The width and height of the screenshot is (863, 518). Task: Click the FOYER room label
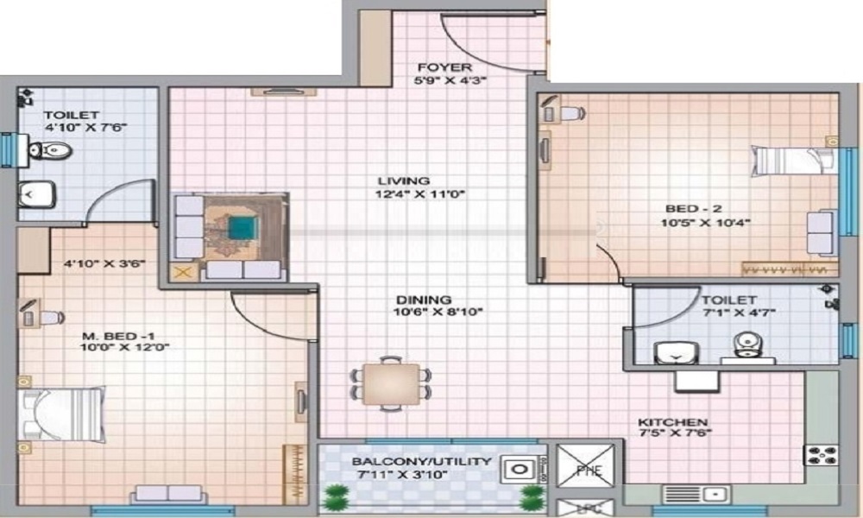(x=444, y=67)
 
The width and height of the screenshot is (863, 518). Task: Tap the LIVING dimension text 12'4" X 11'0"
(x=415, y=194)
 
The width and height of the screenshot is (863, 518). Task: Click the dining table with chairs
(x=391, y=382)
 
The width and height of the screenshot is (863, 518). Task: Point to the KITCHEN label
(x=674, y=420)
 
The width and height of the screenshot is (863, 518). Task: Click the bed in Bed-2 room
(x=792, y=160)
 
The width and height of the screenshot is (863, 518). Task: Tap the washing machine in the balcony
(x=520, y=471)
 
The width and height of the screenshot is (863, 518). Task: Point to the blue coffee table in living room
(x=242, y=228)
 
